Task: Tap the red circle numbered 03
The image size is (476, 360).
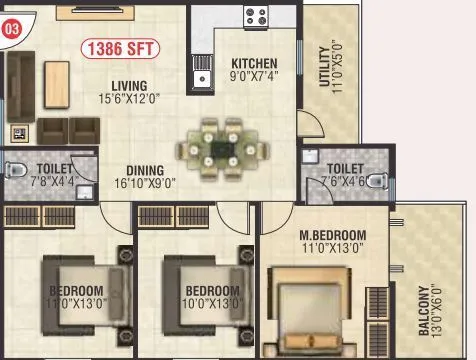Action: coord(12,30)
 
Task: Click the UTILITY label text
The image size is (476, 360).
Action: coord(323,67)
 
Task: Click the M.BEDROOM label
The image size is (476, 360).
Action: coord(332,236)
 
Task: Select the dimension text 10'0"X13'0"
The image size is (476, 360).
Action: coord(213,304)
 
